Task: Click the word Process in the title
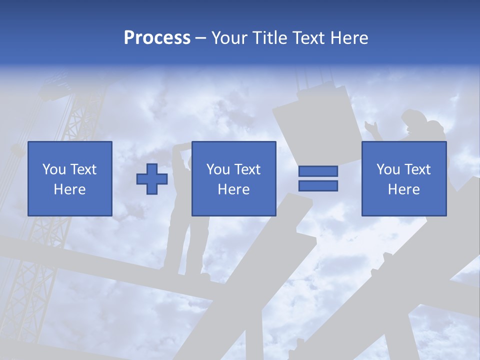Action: click(x=157, y=38)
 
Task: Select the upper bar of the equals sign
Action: click(x=318, y=171)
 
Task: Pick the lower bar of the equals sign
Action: click(x=318, y=186)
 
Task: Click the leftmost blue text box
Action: click(x=70, y=178)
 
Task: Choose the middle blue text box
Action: click(x=233, y=178)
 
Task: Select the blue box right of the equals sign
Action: click(x=403, y=178)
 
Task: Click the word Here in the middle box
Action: click(x=233, y=189)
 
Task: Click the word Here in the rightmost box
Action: click(x=403, y=189)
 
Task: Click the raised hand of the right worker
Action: click(x=370, y=126)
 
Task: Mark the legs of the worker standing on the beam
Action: click(x=189, y=245)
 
